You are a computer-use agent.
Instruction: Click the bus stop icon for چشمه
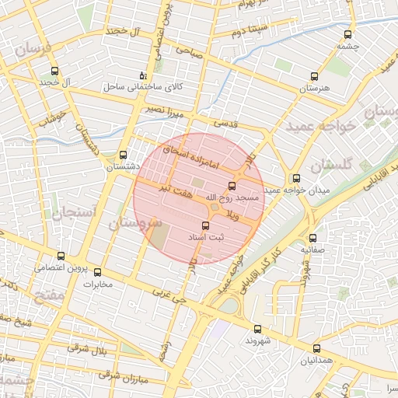click(346, 34)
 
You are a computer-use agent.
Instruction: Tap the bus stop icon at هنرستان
click(314, 76)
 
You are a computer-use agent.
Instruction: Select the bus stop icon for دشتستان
click(123, 154)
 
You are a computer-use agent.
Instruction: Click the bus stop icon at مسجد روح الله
click(232, 185)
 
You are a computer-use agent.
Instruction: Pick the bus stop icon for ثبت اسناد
click(205, 225)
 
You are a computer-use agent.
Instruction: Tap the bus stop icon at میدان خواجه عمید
click(295, 178)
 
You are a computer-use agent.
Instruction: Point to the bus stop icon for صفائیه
click(313, 238)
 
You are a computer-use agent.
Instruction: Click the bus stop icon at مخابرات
click(97, 272)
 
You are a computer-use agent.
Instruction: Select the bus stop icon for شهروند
click(257, 329)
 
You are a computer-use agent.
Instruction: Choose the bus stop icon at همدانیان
click(316, 348)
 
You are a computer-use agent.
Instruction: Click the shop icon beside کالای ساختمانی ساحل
click(142, 75)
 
